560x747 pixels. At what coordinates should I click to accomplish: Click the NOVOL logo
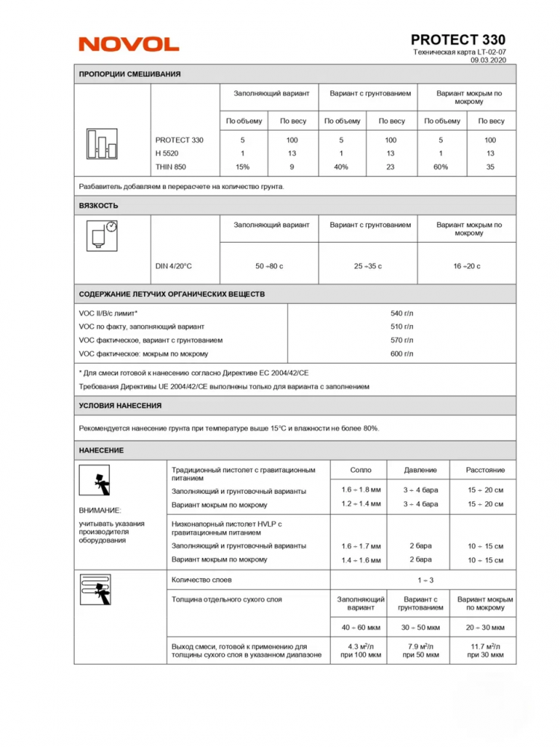click(x=128, y=45)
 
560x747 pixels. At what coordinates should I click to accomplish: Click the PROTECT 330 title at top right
click(x=458, y=40)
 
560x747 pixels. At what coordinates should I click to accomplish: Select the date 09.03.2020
click(x=488, y=61)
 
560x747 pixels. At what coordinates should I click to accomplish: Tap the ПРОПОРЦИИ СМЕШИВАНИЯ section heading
click(x=130, y=74)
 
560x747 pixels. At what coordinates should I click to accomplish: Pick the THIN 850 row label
click(x=170, y=167)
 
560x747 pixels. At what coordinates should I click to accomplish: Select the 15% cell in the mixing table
click(x=242, y=167)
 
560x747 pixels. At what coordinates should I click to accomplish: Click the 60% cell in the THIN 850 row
click(x=441, y=167)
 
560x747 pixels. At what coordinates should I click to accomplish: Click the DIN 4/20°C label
click(x=173, y=266)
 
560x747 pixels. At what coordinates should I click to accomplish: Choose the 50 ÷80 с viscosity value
click(x=269, y=266)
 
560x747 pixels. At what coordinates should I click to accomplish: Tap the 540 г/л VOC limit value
click(x=401, y=313)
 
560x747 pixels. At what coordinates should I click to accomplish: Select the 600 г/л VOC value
click(x=401, y=353)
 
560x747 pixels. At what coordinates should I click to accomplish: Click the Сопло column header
click(x=361, y=470)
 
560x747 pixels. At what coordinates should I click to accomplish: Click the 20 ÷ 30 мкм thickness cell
click(x=485, y=627)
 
